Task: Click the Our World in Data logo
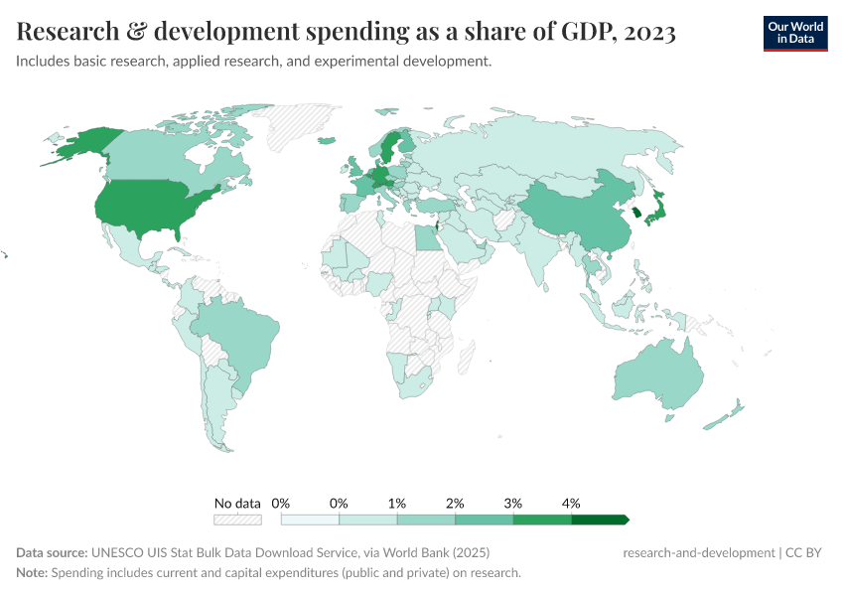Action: pos(794,33)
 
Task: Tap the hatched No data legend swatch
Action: pos(237,520)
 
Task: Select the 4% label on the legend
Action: pos(571,504)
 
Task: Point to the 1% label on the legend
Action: pos(397,504)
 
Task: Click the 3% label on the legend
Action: pos(513,504)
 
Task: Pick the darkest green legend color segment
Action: pos(598,520)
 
